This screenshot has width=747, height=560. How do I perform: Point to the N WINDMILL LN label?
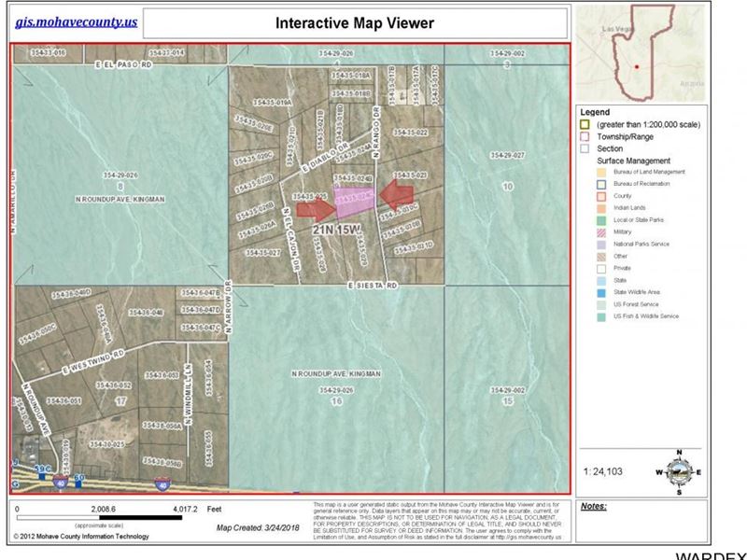coord(188,392)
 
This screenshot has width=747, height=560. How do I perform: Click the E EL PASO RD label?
coord(122,65)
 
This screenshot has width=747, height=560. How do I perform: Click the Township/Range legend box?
coord(585,136)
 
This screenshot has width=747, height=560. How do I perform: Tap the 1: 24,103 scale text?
coord(602,472)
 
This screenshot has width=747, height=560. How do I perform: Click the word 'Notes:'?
coord(593,506)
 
